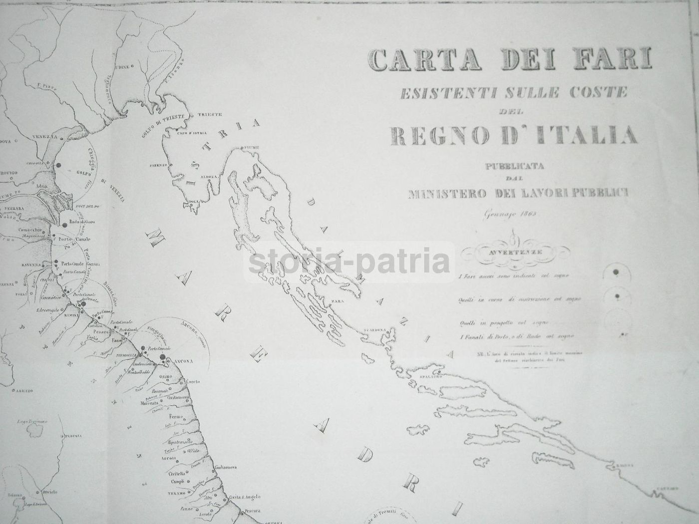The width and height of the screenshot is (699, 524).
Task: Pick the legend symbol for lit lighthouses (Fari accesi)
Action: (616, 271)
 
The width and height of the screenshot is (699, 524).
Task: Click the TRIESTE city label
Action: (210, 114)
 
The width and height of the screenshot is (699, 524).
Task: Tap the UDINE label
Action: (122, 66)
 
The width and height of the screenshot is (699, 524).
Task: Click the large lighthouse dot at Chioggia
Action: (58, 165)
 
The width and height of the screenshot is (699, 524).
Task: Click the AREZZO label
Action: (23, 390)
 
